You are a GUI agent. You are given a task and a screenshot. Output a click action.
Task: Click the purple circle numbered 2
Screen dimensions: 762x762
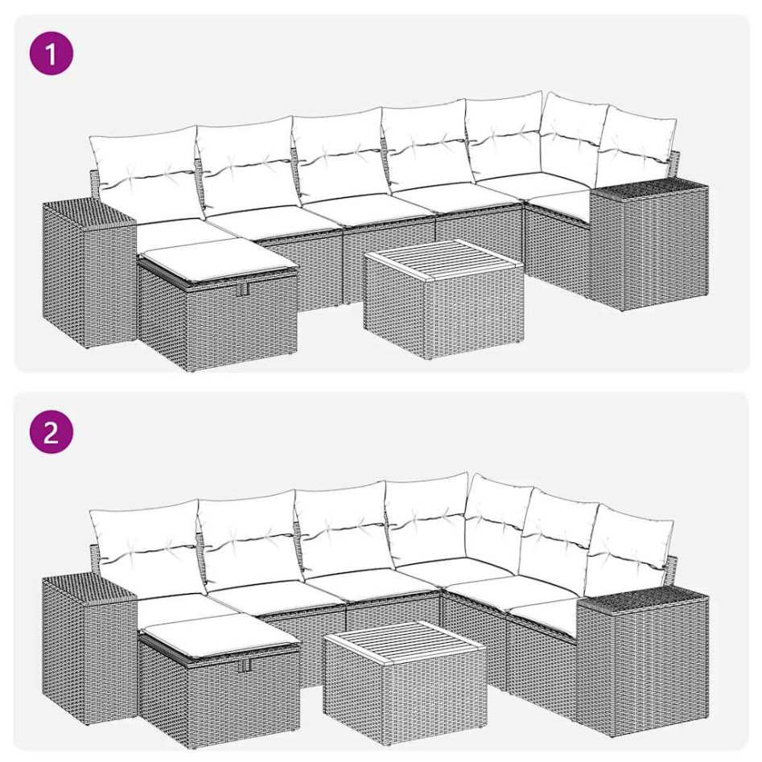coord(51,434)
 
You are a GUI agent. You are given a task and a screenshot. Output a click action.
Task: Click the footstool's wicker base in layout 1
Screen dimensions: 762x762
coord(217,322)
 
